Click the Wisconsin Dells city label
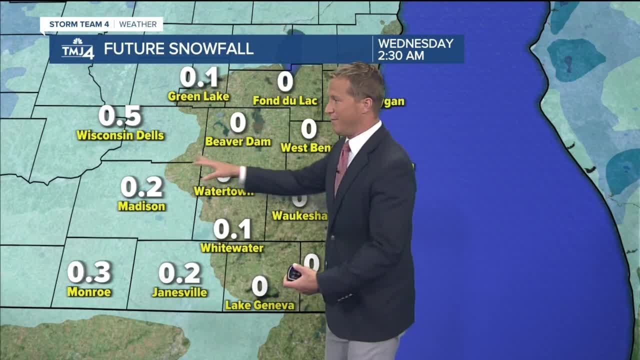[120, 135]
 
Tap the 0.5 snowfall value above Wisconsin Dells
[120, 116]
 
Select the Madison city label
[141, 206]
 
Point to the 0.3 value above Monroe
[89, 272]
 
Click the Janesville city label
[179, 292]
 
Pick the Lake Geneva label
[259, 305]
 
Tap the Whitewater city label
[231, 247]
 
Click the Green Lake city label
[198, 96]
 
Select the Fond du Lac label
[285, 101]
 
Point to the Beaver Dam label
[238, 141]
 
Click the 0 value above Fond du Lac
[285, 81]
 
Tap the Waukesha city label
[299, 215]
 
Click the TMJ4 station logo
[77, 49]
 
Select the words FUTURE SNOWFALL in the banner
[178, 49]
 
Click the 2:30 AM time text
[401, 55]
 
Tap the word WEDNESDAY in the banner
[415, 43]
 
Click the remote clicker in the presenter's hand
[293, 273]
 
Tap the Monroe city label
[89, 292]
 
